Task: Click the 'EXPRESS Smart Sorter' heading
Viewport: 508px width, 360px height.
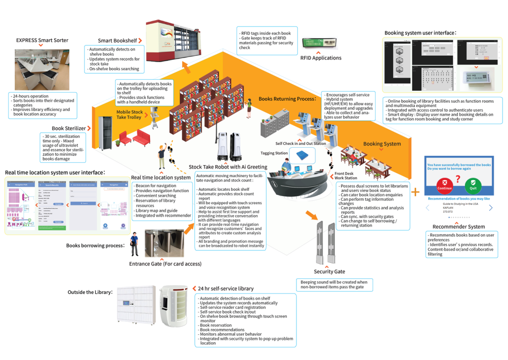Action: (x=42, y=40)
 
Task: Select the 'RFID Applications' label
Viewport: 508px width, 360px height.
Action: (x=321, y=58)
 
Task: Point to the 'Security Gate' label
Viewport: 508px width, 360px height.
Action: (x=329, y=271)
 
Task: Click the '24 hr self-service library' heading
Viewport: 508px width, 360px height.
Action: (x=225, y=289)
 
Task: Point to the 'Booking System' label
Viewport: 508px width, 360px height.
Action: (x=382, y=144)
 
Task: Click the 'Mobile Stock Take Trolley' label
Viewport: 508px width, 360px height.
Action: (x=130, y=115)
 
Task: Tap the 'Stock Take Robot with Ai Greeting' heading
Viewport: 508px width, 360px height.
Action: (x=228, y=167)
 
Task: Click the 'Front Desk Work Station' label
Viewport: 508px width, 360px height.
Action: (x=346, y=176)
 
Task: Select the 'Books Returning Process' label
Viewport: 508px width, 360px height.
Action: (x=287, y=99)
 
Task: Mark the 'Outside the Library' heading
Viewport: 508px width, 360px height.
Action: (x=90, y=292)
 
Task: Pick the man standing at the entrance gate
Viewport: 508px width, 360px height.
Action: (x=133, y=244)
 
